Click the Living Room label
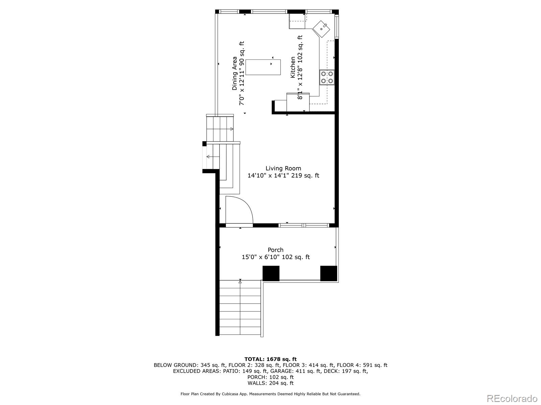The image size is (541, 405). click(x=283, y=168)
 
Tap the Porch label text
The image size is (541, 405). click(x=275, y=250)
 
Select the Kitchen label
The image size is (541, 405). click(x=293, y=67)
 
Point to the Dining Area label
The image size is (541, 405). click(x=234, y=73)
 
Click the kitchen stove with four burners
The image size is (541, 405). click(x=327, y=77)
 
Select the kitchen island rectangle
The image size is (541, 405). click(x=263, y=67)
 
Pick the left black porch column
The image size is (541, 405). click(x=271, y=273)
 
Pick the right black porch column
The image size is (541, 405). click(x=328, y=273)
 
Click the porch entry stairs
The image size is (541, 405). click(x=240, y=308)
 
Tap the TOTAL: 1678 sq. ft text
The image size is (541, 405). click(x=270, y=359)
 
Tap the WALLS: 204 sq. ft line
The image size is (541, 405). click(x=270, y=383)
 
